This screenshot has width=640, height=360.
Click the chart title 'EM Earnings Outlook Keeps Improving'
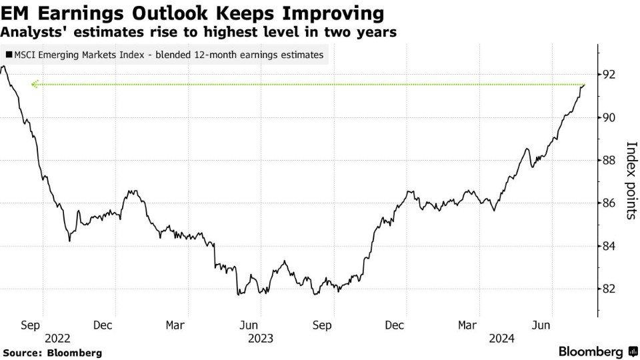[193, 13]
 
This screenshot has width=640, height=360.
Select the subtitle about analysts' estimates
[199, 32]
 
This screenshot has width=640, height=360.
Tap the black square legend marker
[8, 55]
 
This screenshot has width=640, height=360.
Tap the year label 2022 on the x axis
[57, 338]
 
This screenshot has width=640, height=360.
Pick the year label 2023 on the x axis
[261, 338]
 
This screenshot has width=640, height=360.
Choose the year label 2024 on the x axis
[501, 338]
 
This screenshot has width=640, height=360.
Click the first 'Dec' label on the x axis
[103, 325]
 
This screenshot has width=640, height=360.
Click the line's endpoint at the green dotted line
[584, 85]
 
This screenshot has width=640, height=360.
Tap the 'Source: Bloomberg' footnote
[52, 352]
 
